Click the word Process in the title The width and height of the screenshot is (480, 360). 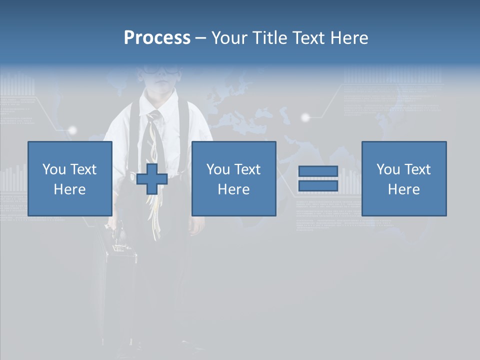[157, 38]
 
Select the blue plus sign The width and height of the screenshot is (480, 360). [152, 179]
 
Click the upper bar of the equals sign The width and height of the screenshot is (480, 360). [318, 171]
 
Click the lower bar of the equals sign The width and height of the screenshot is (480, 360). [318, 185]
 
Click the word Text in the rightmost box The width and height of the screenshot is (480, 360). [418, 169]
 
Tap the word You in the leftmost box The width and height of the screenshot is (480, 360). [54, 169]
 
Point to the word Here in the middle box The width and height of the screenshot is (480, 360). [233, 189]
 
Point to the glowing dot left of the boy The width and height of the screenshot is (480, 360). [72, 130]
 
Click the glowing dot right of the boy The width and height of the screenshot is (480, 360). [305, 117]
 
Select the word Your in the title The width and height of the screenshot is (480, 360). [228, 38]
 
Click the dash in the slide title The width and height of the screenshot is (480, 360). [200, 38]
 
